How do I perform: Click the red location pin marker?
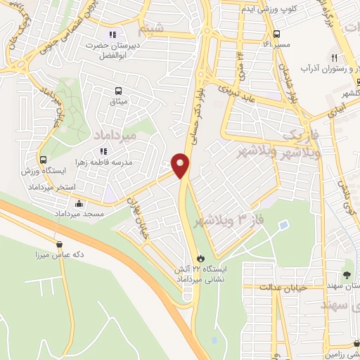(x=181, y=166)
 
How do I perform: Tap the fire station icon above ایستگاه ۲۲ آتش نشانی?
(x=203, y=259)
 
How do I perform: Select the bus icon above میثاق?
(x=118, y=91)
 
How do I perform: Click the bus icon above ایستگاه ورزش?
(x=44, y=160)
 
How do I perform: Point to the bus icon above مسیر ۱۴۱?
(x=276, y=33)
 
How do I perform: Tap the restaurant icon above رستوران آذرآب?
(x=335, y=59)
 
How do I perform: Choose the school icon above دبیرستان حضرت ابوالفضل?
(x=111, y=34)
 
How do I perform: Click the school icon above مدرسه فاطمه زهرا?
(x=103, y=150)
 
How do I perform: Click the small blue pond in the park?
(x=283, y=225)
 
